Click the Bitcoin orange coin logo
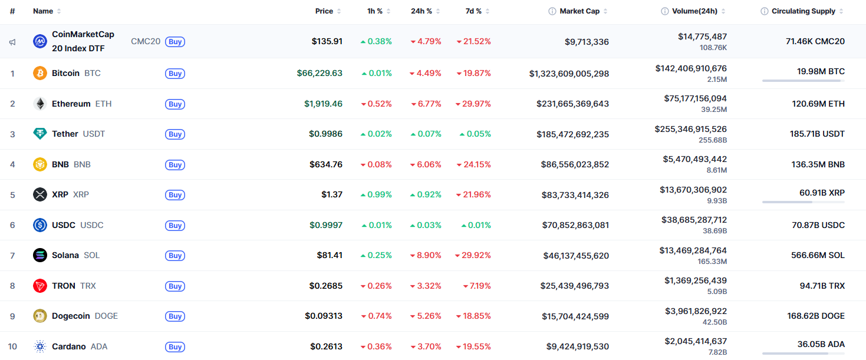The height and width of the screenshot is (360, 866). click(x=40, y=73)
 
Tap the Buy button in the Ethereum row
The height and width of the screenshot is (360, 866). click(x=175, y=104)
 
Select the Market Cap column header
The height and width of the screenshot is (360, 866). click(x=579, y=11)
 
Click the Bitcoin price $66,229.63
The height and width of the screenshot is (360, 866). click(x=320, y=73)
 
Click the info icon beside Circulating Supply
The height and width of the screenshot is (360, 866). click(x=765, y=11)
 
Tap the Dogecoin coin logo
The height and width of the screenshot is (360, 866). click(x=40, y=316)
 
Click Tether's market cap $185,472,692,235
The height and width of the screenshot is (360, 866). click(x=572, y=134)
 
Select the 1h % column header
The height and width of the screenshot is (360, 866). click(x=374, y=11)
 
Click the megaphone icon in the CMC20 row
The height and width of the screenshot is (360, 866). click(x=12, y=42)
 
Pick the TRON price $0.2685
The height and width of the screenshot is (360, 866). click(x=325, y=286)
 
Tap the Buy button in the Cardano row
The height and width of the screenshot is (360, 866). click(x=175, y=347)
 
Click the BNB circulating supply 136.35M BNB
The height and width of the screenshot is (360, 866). click(x=818, y=164)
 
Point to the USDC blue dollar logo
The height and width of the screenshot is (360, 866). click(x=40, y=225)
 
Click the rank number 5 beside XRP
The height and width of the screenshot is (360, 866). click(x=12, y=194)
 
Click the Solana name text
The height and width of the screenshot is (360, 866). click(x=65, y=255)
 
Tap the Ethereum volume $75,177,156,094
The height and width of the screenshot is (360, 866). click(x=695, y=98)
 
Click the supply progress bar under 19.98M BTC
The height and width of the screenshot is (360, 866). click(x=803, y=80)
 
